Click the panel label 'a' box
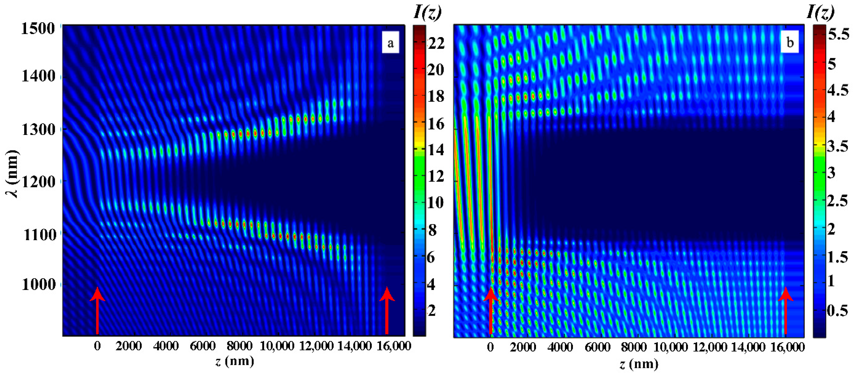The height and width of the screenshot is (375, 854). pyautogui.click(x=390, y=43)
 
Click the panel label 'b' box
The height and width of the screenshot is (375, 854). pyautogui.click(x=790, y=42)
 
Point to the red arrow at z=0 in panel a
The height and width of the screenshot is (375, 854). pyautogui.click(x=97, y=310)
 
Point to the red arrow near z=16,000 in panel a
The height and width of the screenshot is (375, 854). pyautogui.click(x=387, y=310)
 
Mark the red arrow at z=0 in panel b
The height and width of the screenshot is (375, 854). pyautogui.click(x=491, y=310)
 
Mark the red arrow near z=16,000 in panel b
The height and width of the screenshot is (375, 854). pyautogui.click(x=785, y=310)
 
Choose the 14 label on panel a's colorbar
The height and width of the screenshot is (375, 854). pyautogui.click(x=435, y=150)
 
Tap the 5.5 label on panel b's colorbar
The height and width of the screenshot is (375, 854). pyautogui.click(x=838, y=35)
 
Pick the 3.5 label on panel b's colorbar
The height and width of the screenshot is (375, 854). pyautogui.click(x=837, y=146)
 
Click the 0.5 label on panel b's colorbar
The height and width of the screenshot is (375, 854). pyautogui.click(x=837, y=310)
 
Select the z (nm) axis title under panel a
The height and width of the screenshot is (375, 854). pyautogui.click(x=234, y=361)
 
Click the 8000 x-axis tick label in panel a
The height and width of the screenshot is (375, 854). pyautogui.click(x=239, y=346)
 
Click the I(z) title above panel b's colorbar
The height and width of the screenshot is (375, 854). pyautogui.click(x=820, y=12)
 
